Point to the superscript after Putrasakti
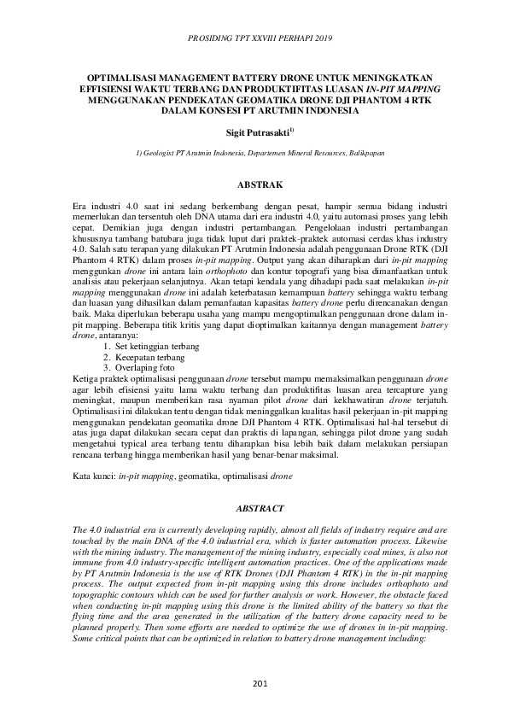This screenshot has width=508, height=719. coord(291,130)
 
